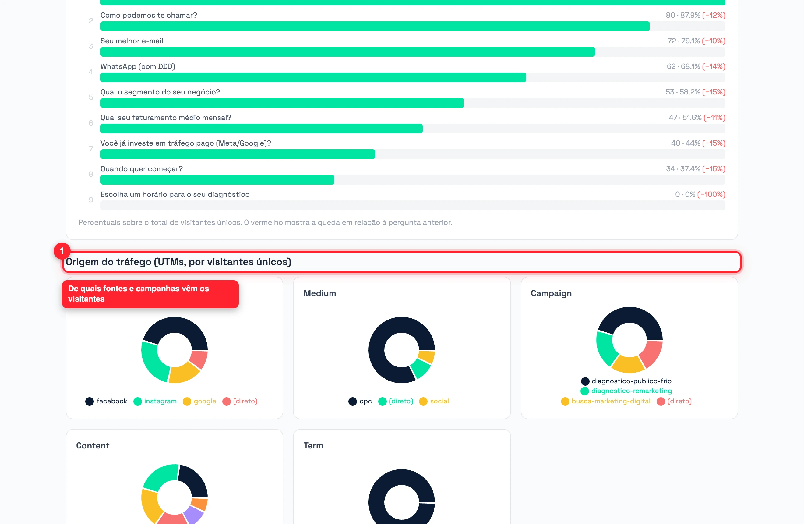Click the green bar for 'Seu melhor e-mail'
click(x=347, y=52)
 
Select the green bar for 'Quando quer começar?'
click(x=217, y=180)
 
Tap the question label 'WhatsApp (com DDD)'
click(x=137, y=66)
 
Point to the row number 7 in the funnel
click(x=91, y=149)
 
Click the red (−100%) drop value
click(x=711, y=195)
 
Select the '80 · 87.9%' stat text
click(x=683, y=15)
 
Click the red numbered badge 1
click(x=62, y=251)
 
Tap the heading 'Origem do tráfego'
click(x=108, y=262)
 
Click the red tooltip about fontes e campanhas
click(x=150, y=294)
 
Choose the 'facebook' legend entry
click(x=106, y=401)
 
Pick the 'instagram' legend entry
click(x=155, y=401)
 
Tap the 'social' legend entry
click(x=434, y=401)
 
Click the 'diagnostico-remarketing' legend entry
click(x=626, y=391)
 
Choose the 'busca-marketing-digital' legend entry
click(x=606, y=401)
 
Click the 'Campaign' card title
click(x=551, y=293)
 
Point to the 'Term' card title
click(x=313, y=446)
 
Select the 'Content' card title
click(x=93, y=446)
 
